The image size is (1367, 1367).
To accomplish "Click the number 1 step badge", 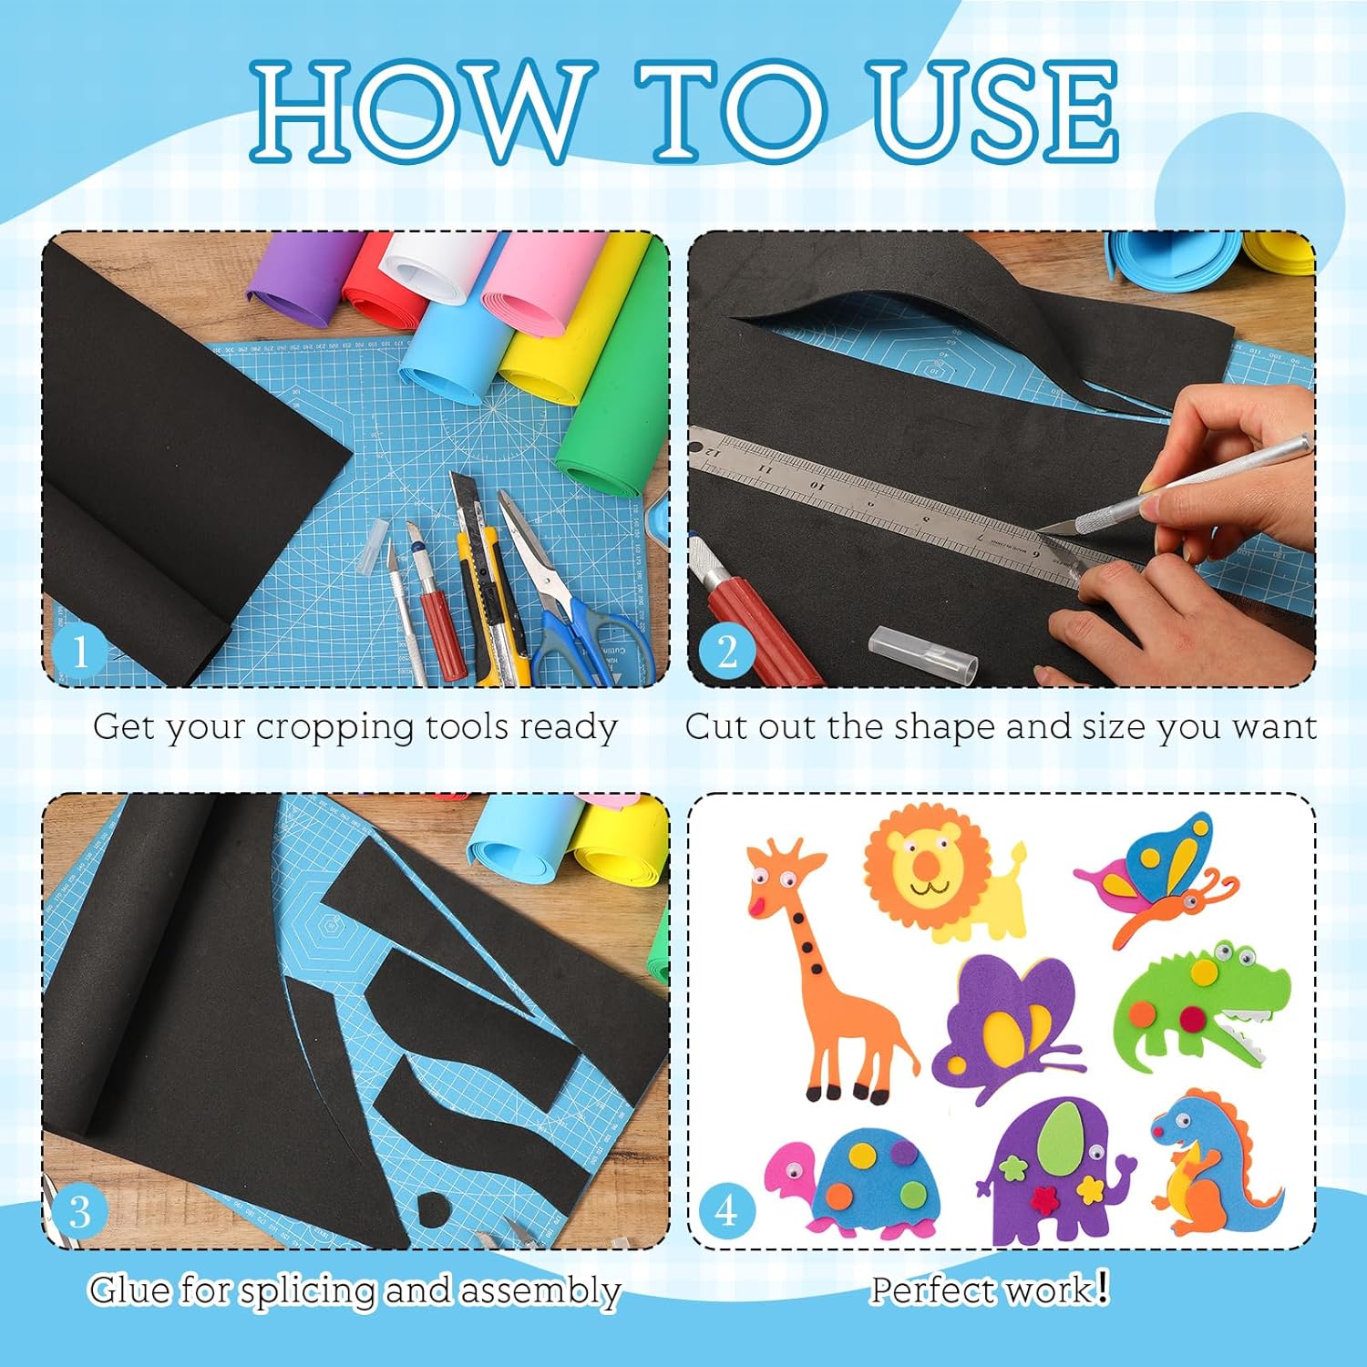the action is (x=79, y=651).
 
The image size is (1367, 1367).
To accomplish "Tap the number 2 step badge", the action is (x=726, y=651).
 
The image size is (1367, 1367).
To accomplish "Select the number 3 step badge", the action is (x=79, y=1212).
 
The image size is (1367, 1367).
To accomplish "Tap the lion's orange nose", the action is (x=924, y=863).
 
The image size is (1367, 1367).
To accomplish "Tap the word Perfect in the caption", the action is (x=934, y=1290).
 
